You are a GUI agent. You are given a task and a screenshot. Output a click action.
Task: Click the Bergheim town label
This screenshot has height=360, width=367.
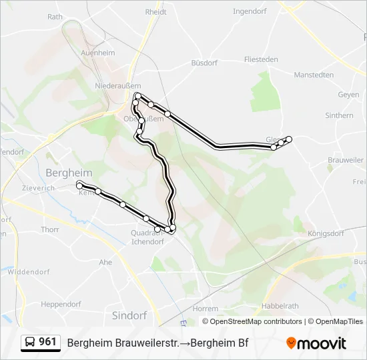coord(69,173)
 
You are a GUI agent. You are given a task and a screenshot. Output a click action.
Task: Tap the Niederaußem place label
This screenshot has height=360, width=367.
coord(118,86)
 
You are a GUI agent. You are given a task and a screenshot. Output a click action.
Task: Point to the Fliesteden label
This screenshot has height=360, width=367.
coord(261,59)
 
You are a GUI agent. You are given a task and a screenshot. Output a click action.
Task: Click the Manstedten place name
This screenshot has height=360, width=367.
coord(314,75)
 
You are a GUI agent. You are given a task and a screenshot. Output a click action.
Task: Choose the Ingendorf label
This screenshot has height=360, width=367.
coord(251,11)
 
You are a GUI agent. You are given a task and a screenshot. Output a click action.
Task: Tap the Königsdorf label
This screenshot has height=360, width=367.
coord(326,234)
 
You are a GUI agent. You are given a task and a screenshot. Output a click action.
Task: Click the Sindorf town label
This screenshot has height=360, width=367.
coord(129,315)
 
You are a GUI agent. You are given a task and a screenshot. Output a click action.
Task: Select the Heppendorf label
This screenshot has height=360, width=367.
coord(61,304)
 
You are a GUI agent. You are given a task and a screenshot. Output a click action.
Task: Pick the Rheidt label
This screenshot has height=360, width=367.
coord(155,11)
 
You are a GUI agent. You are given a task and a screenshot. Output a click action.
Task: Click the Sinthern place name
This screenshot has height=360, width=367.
coord(339,115)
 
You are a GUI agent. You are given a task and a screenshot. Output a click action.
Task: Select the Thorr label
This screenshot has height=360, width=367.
coord(50,229)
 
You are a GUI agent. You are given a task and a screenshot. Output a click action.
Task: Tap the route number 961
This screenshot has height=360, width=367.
coord(48,342)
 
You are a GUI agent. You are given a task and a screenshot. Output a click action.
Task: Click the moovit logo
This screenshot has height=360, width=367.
coord(316,343)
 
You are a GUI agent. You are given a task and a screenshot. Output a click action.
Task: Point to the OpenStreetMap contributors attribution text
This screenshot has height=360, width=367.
coord(253,321)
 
